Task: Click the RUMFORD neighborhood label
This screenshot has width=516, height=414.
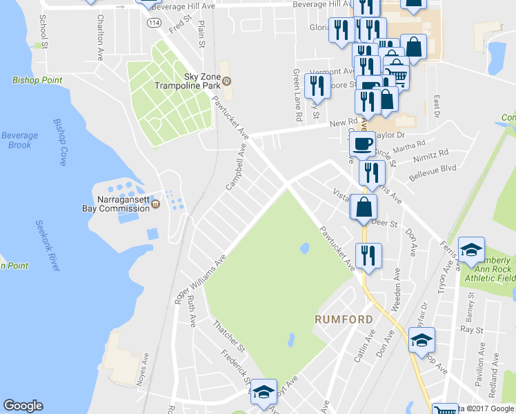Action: click(344, 319)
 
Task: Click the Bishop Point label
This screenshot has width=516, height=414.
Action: click(37, 80)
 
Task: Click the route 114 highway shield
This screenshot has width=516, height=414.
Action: click(154, 23)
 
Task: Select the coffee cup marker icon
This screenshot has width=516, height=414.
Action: click(362, 144)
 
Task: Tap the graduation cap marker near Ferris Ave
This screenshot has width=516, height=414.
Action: click(471, 250)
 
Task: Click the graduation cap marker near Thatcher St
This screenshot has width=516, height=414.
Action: click(262, 392)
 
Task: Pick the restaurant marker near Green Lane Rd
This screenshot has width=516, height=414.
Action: click(317, 86)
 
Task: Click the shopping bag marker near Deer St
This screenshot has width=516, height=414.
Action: click(364, 206)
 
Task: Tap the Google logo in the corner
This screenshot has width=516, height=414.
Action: click(23, 406)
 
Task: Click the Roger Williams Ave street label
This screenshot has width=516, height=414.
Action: click(201, 279)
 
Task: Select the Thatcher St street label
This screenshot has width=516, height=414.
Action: click(229, 334)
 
